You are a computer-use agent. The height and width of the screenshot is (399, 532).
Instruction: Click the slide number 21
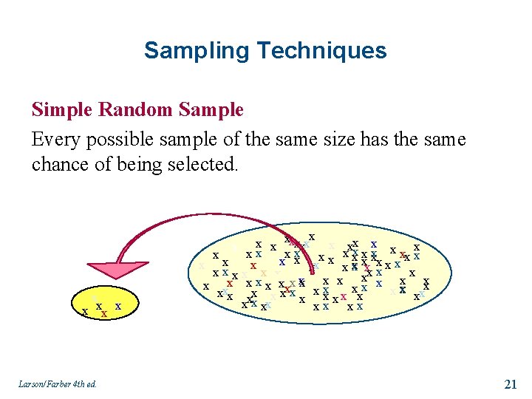point(510,383)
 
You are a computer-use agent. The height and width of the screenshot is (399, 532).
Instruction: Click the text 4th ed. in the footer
point(83,383)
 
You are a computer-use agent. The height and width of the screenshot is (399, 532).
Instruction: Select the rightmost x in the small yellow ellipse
point(118,306)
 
